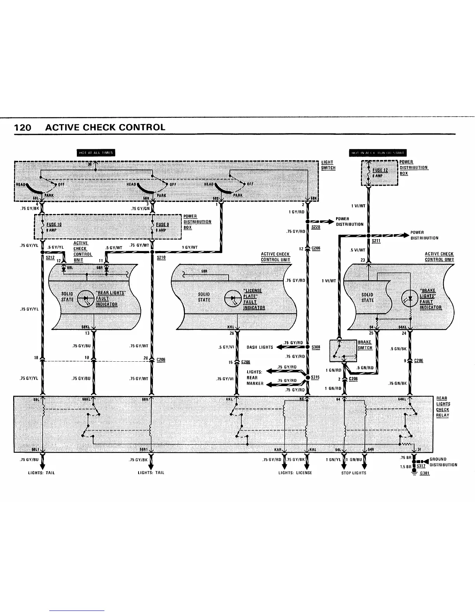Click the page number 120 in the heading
coord(23,128)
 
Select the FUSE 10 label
coord(54,224)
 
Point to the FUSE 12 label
coord(380,170)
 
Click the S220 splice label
coord(316,227)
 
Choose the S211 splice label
coord(376,241)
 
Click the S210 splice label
coord(161,257)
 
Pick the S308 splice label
coord(316,347)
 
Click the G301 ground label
coord(425,473)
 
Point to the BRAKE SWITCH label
coord(365,345)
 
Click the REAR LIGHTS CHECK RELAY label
coord(442,407)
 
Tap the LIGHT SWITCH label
coord(328,165)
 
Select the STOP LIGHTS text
coord(354,473)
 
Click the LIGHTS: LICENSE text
coord(295,473)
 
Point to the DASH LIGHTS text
coord(260,347)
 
